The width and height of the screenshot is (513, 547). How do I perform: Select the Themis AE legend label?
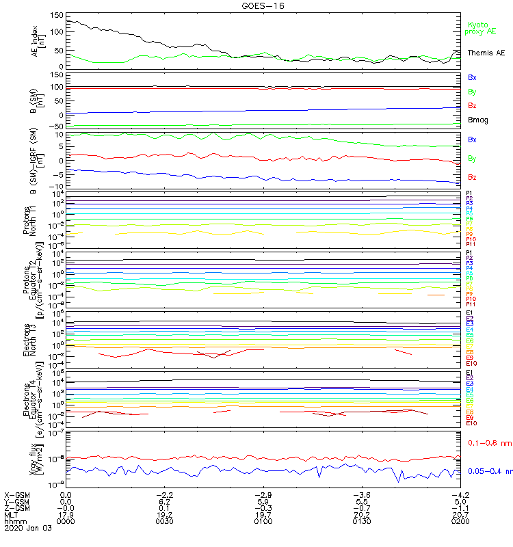[x=486, y=53]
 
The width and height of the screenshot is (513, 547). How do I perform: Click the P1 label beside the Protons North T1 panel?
[x=469, y=193]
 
